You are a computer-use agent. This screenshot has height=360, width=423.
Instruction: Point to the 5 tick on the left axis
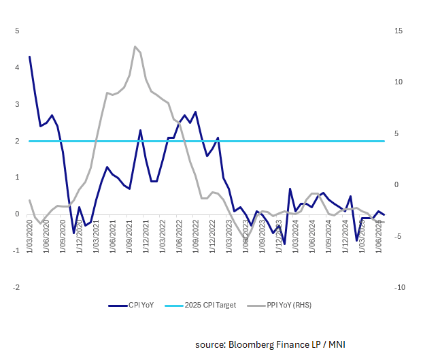(x=18, y=31)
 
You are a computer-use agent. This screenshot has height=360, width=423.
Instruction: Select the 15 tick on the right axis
(x=399, y=31)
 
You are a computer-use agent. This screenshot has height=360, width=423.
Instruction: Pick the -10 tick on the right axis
(x=399, y=288)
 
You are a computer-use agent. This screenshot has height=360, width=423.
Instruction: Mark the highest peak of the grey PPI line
(x=135, y=46)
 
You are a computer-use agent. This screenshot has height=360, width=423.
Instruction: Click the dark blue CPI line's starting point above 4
(x=29, y=56)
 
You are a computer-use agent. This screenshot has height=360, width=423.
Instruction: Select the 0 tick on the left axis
(x=18, y=214)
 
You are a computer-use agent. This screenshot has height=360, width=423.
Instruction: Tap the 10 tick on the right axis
(x=399, y=82)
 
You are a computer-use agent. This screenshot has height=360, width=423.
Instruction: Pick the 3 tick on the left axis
(x=18, y=104)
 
